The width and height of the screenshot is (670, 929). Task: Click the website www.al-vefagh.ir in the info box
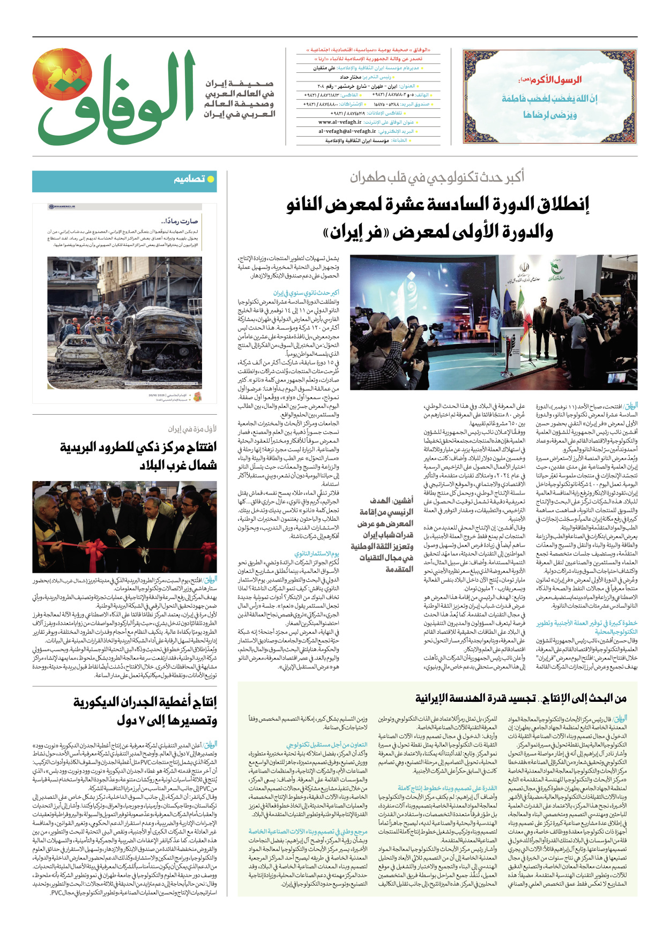click(x=340, y=122)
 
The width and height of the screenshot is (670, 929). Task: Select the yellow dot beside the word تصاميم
click(x=211, y=179)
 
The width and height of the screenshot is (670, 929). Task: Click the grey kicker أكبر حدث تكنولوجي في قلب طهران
click(x=437, y=177)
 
